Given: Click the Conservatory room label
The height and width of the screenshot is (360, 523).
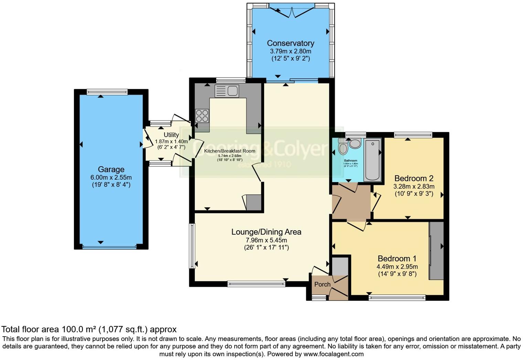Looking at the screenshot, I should coord(290,43).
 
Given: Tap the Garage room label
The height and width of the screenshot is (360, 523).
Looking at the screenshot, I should coord(111,169).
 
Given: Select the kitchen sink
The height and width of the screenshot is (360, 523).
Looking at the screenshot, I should coord(226,91).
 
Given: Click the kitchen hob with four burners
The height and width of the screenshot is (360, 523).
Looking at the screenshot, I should coord(202,116).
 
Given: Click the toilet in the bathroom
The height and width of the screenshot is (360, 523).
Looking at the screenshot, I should coord(343,148).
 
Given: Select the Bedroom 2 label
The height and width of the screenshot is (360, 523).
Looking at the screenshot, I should coord(414,179).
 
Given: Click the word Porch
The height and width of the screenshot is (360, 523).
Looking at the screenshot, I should coord(322,284).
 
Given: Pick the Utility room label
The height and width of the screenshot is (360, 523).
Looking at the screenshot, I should coord(171,135).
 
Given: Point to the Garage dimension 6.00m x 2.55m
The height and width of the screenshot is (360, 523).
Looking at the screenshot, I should coord(111,178).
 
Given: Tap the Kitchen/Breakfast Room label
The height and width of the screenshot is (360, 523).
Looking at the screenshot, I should coord(230,151).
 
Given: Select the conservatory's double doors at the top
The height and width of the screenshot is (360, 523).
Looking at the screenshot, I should coord(291,10).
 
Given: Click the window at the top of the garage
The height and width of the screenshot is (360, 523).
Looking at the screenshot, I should coord(107,92).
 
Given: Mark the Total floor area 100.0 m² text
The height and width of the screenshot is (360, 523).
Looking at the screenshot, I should coord(89,329).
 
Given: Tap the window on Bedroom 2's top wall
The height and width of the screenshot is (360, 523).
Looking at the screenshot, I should coord(413,135).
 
